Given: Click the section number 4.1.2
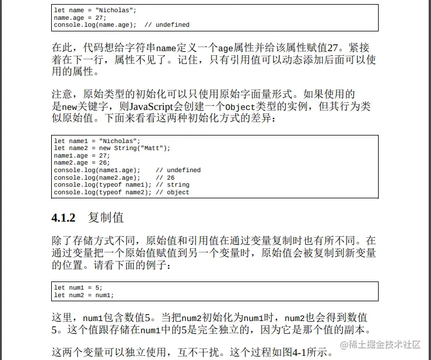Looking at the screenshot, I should pos(64,218).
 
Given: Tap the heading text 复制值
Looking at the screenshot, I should pos(106,218).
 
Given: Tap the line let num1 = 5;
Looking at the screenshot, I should pos(78,288).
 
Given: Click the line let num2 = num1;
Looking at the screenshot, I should pos(84,295).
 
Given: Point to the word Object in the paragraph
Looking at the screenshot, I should pos(240,107).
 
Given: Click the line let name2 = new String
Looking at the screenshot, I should pos(112,148).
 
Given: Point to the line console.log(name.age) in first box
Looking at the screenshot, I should pos(95,25).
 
